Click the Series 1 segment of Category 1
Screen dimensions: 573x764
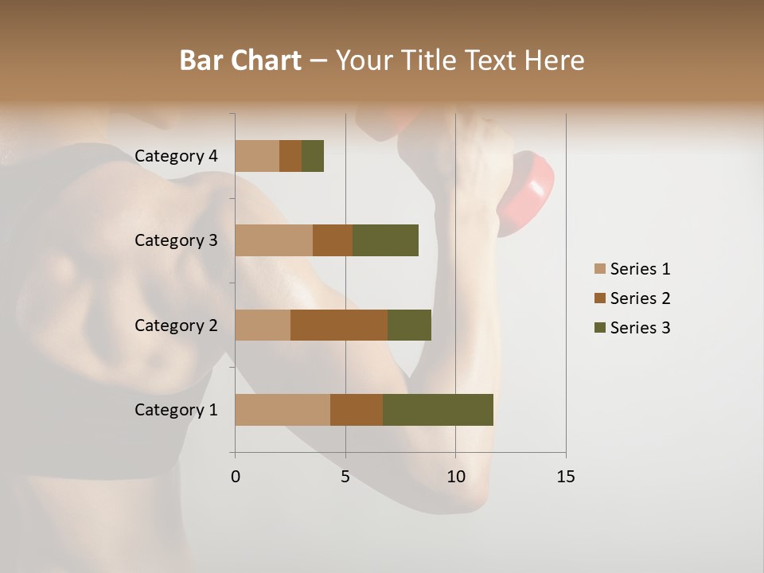click(x=283, y=410)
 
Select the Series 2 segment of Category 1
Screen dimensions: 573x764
click(x=357, y=410)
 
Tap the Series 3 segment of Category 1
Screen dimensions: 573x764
click(x=438, y=410)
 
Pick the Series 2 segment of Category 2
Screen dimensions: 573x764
click(x=339, y=325)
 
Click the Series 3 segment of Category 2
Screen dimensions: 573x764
click(x=409, y=325)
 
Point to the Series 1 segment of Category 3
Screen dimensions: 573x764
click(x=274, y=240)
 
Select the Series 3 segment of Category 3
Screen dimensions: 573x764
click(x=385, y=240)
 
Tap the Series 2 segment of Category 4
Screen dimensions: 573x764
click(x=290, y=156)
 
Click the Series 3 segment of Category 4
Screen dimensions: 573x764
click(x=313, y=156)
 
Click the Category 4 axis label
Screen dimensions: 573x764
click(x=176, y=156)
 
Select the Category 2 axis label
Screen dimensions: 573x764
click(x=176, y=325)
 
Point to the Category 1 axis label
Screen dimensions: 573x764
click(x=176, y=410)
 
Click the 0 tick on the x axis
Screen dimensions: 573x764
click(x=236, y=477)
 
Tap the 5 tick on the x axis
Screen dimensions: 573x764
click(x=345, y=477)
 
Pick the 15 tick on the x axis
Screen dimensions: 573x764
click(x=565, y=477)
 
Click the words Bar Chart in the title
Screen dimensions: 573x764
click(x=240, y=60)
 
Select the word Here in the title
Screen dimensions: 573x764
click(x=555, y=60)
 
